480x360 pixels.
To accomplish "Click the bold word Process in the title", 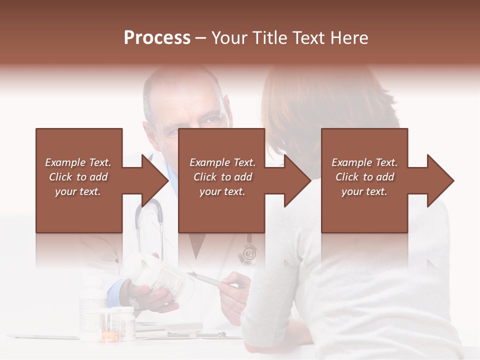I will [157, 38].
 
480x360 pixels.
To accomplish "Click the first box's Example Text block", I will [78, 177].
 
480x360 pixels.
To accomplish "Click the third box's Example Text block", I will [364, 177].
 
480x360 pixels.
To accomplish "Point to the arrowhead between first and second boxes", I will [155, 180].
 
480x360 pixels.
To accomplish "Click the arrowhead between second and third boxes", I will [298, 180].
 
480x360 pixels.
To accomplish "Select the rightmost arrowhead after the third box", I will [440, 180].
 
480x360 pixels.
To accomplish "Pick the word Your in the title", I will [229, 38].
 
